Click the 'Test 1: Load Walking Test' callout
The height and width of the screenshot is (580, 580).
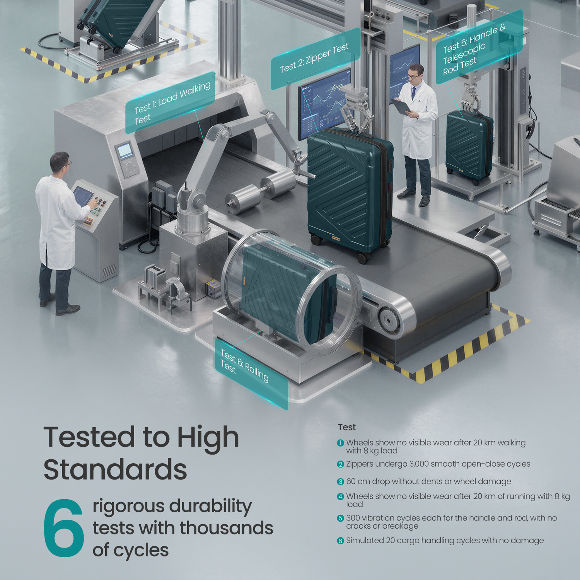tap(170, 102)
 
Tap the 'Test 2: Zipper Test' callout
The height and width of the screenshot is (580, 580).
tap(316, 58)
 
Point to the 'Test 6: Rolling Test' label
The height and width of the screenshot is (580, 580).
tap(251, 374)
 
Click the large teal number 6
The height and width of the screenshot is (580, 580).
tap(64, 528)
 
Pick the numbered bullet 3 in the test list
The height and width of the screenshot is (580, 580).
tap(340, 482)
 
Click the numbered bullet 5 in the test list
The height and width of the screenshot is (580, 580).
tap(340, 518)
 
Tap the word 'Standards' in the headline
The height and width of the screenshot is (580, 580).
tap(115, 469)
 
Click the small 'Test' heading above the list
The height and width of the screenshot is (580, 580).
tap(346, 427)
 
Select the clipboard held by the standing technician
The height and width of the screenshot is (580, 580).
tap(402, 106)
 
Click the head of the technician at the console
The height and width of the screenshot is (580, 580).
tap(60, 162)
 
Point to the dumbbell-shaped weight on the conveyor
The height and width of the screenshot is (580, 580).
tap(261, 191)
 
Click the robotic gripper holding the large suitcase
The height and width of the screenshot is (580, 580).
tap(356, 110)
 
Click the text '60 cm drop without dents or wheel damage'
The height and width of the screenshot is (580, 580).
tap(428, 482)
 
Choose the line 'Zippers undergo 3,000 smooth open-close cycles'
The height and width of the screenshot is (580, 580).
tap(438, 464)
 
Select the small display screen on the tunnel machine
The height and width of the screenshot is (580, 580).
tap(125, 150)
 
